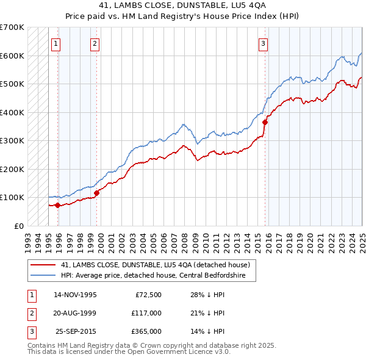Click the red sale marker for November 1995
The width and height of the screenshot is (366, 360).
[x=57, y=205]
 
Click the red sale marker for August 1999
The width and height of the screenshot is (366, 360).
[x=96, y=193]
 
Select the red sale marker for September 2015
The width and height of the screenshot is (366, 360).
[x=265, y=122]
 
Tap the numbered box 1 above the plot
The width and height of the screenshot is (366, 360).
[x=56, y=43]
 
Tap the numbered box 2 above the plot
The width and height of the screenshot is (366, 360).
[x=95, y=43]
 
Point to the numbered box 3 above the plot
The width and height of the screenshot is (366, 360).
[x=263, y=43]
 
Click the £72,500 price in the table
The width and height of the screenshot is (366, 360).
[x=146, y=295]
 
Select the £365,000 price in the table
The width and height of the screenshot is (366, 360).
[x=146, y=331]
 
